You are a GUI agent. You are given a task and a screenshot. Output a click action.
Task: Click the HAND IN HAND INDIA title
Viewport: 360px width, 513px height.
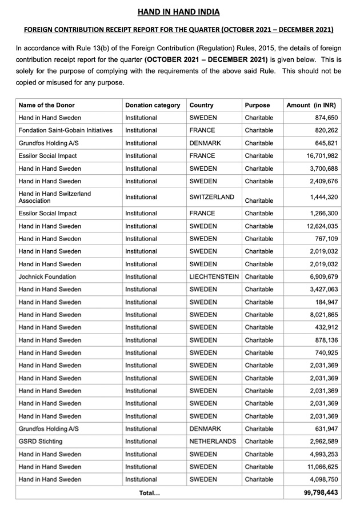pyautogui.click(x=179, y=12)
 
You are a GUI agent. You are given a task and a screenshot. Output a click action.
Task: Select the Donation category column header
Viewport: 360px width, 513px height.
pyautogui.click(x=153, y=105)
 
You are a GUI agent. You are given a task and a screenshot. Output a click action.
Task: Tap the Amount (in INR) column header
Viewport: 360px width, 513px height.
pyautogui.click(x=311, y=105)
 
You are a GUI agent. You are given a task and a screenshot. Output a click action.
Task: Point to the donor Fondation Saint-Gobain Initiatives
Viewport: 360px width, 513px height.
pyautogui.click(x=65, y=130)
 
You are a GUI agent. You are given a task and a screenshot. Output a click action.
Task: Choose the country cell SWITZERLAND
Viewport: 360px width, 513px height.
pyautogui.click(x=211, y=197)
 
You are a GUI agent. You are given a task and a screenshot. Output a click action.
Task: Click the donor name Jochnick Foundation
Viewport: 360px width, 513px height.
pyautogui.click(x=47, y=276)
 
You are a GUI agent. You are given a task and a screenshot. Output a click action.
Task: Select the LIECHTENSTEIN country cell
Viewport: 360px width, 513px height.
pyautogui.click(x=214, y=276)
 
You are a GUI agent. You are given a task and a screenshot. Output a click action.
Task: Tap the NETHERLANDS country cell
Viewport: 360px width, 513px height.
pyautogui.click(x=213, y=442)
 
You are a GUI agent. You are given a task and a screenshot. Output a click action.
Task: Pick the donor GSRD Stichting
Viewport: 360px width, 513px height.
pyautogui.click(x=41, y=442)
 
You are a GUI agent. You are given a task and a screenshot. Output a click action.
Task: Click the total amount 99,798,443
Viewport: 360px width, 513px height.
pyautogui.click(x=321, y=492)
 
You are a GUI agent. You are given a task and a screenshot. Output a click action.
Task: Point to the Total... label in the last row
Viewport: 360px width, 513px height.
pyautogui.click(x=150, y=492)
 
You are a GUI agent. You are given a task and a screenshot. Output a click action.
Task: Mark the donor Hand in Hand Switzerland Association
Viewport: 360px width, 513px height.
pyautogui.click(x=54, y=197)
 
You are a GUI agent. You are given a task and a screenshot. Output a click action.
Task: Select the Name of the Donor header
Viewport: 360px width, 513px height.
pyautogui.click(x=46, y=105)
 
